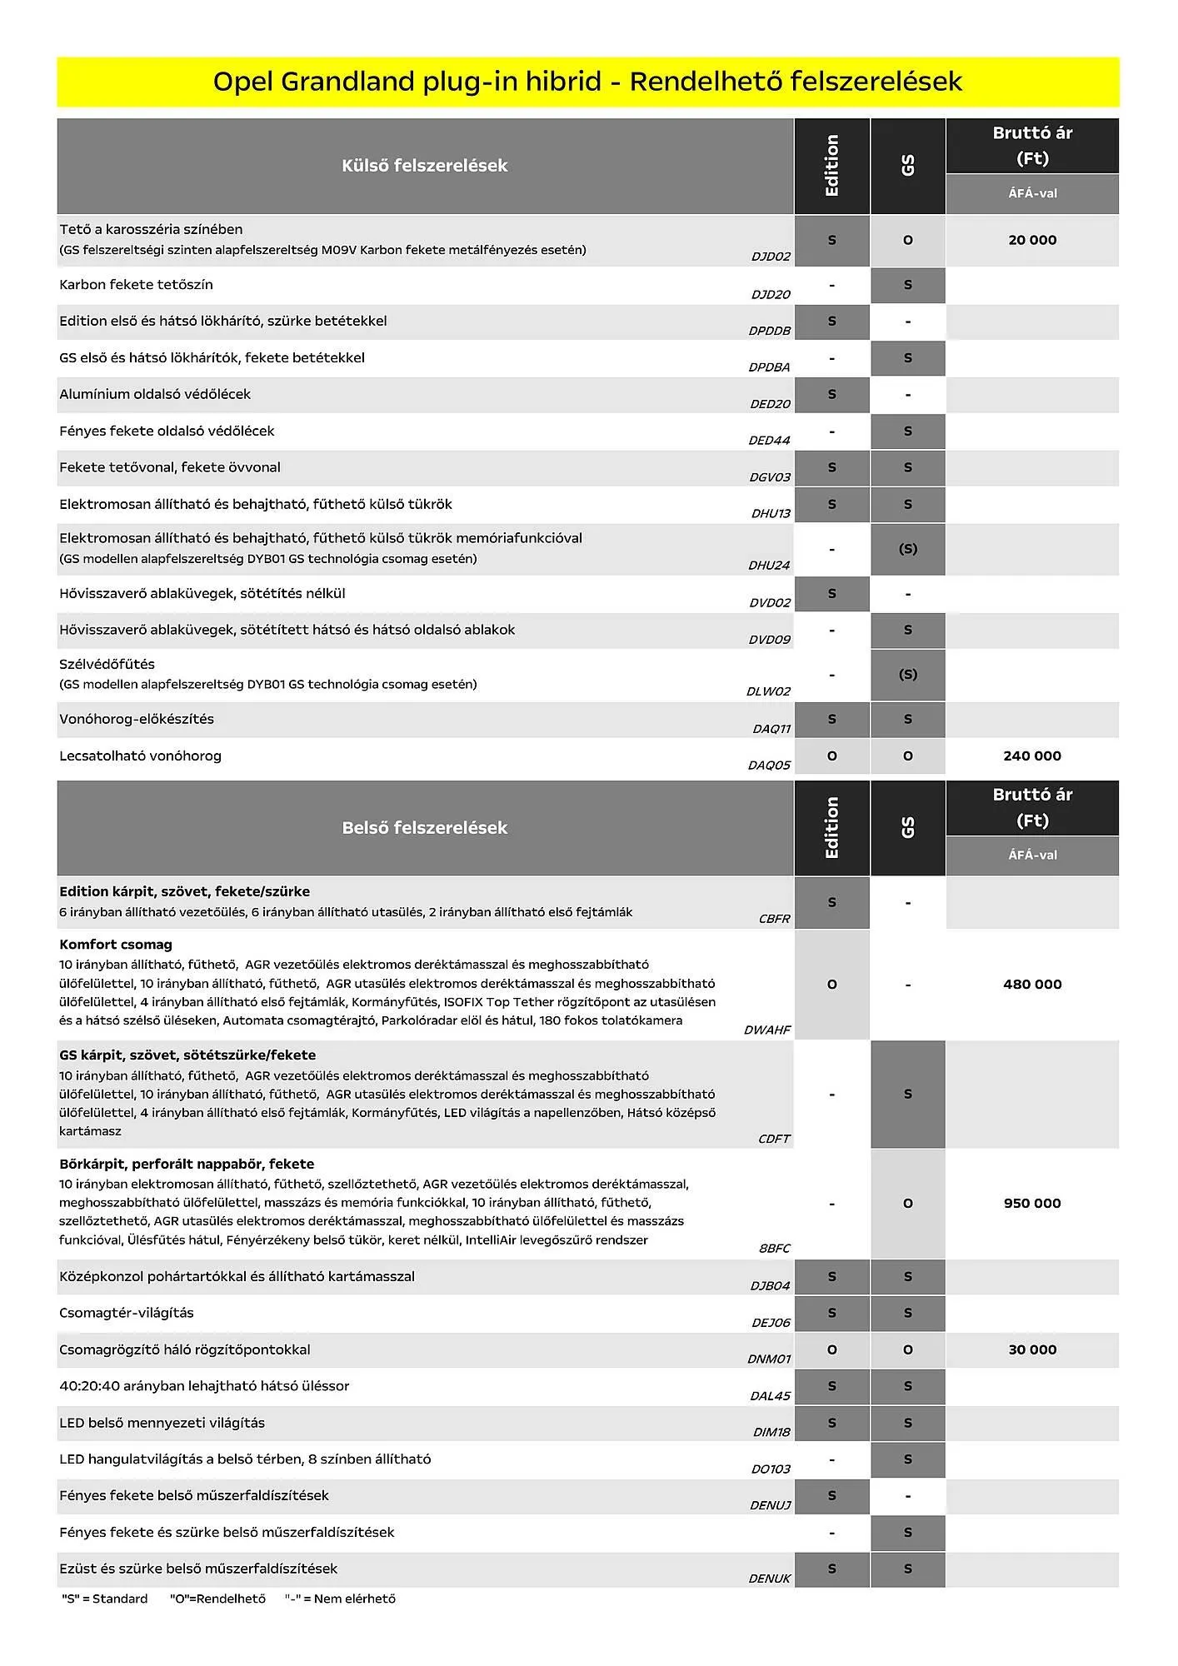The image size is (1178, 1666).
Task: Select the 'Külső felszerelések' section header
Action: (x=424, y=166)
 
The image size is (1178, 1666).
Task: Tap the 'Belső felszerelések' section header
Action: (x=424, y=828)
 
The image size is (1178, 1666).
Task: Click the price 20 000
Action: (x=1032, y=240)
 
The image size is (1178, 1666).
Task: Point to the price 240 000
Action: (x=1032, y=756)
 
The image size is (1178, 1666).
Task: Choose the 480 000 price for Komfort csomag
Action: (x=1032, y=985)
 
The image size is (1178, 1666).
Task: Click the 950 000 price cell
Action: (x=1032, y=1204)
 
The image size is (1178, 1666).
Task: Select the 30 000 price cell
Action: (x=1032, y=1350)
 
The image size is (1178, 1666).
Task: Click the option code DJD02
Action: (x=771, y=257)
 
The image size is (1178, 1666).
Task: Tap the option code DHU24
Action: (x=769, y=566)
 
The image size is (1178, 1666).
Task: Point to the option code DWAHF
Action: (x=767, y=1030)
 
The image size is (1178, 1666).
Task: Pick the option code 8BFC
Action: (x=774, y=1249)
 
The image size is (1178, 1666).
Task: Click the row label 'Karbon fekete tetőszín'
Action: (x=136, y=285)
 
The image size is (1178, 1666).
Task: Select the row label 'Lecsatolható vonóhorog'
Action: (x=140, y=756)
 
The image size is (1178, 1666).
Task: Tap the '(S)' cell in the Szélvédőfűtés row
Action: (x=908, y=675)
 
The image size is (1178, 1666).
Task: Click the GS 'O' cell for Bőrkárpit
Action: (x=908, y=1204)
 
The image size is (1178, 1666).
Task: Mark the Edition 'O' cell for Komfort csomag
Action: (x=831, y=985)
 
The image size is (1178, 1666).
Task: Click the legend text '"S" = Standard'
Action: (x=105, y=1599)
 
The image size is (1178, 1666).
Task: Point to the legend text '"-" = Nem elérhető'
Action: (x=340, y=1599)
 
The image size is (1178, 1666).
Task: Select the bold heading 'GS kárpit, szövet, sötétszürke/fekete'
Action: (x=187, y=1055)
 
